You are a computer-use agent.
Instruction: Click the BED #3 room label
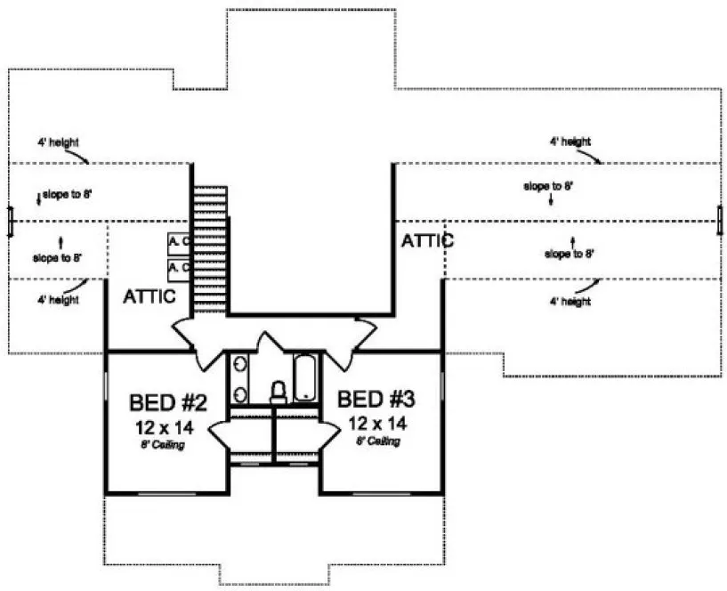[376, 399]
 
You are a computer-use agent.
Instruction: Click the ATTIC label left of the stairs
[149, 296]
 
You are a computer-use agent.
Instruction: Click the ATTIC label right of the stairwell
[427, 240]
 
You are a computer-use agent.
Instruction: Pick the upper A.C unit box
[179, 241]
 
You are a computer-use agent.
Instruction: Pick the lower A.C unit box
[179, 267]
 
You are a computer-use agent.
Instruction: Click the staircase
[211, 249]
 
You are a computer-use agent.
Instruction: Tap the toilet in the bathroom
[278, 392]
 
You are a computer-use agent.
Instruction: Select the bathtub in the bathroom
[304, 377]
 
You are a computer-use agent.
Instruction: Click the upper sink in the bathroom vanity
[239, 365]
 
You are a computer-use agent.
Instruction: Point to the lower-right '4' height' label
[569, 302]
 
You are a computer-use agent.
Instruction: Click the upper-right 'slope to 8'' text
[547, 186]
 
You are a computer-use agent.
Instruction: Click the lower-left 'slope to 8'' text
[58, 257]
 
